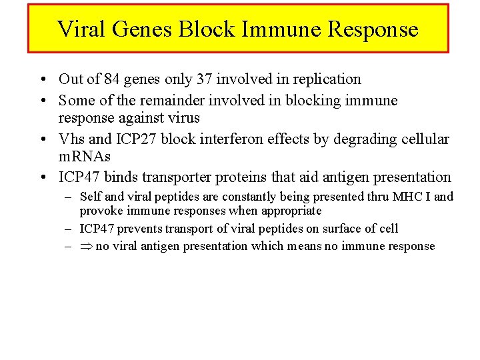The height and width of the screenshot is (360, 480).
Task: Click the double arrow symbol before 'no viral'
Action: click(x=85, y=247)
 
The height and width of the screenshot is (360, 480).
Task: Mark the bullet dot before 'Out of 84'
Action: click(x=42, y=79)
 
